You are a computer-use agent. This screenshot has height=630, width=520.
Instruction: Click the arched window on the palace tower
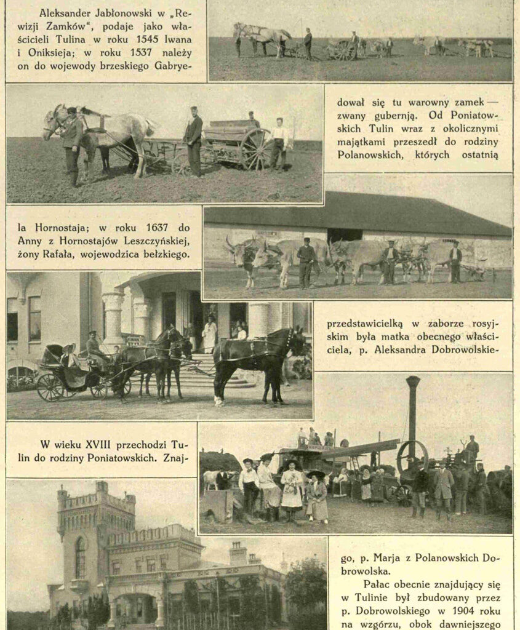(x=80, y=557)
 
